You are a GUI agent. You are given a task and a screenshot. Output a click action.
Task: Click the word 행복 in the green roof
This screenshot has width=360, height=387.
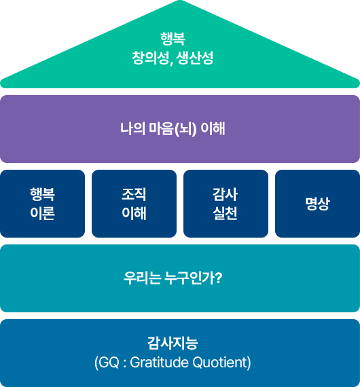pyautogui.click(x=173, y=39)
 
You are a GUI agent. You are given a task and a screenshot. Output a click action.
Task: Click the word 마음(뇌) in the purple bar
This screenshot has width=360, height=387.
pyautogui.click(x=173, y=129)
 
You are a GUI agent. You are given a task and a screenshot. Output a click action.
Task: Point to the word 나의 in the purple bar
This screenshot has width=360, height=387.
pyautogui.click(x=132, y=129)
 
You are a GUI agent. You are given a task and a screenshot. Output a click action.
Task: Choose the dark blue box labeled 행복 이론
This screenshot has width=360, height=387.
pyautogui.click(x=43, y=204)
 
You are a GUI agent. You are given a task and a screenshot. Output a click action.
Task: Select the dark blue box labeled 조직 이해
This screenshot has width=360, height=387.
pyautogui.click(x=134, y=204)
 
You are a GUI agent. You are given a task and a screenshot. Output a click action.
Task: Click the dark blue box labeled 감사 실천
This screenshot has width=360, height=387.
pyautogui.click(x=226, y=204)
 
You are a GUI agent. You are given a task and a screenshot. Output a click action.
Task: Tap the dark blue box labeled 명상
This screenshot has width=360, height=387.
pyautogui.click(x=317, y=204)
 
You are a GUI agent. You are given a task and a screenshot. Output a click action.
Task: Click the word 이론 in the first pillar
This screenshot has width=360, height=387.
pyautogui.click(x=43, y=213)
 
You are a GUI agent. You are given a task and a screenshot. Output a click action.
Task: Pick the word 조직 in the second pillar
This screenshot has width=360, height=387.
pyautogui.click(x=134, y=194)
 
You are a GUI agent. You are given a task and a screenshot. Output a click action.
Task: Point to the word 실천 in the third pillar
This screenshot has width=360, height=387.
pyautogui.click(x=226, y=213)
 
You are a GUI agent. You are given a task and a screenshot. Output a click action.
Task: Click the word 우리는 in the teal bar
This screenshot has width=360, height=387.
pyautogui.click(x=142, y=278)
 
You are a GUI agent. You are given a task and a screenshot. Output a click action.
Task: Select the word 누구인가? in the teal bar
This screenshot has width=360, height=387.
pyautogui.click(x=194, y=278)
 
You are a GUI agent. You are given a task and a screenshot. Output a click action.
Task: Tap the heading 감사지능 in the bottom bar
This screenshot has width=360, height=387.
pyautogui.click(x=173, y=343)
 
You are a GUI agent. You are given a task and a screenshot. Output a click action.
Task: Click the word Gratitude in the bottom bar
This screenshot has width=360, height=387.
pyautogui.click(x=159, y=363)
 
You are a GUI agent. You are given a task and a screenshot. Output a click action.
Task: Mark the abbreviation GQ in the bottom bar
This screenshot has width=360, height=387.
pyautogui.click(x=109, y=363)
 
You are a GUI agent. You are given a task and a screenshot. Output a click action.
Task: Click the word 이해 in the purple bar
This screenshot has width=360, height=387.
pyautogui.click(x=213, y=129)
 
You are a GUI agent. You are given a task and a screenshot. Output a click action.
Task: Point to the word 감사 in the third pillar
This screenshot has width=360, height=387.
pyautogui.click(x=226, y=194)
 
